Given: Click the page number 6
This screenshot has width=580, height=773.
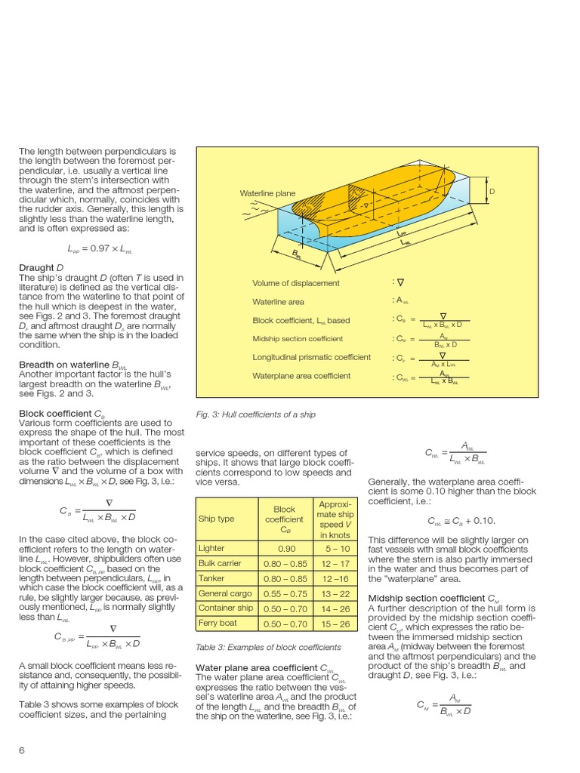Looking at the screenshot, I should click(21, 750).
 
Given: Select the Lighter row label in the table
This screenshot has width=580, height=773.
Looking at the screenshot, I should click(211, 548).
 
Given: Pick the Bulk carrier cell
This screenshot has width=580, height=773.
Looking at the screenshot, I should click(220, 563).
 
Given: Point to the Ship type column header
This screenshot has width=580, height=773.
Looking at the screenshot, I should click(216, 519).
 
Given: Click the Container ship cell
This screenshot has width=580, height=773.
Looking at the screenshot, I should click(225, 608).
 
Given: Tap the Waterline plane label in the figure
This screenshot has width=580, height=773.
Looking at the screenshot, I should click(267, 193).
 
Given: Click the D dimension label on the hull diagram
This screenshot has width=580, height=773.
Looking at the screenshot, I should click(492, 191).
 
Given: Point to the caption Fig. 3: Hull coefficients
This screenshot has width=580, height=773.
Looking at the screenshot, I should click(255, 414).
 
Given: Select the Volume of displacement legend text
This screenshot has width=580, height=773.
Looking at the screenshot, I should click(295, 283).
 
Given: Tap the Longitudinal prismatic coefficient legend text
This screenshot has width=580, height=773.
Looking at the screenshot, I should click(311, 357).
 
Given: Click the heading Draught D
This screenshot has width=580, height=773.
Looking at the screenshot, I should click(36, 267).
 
